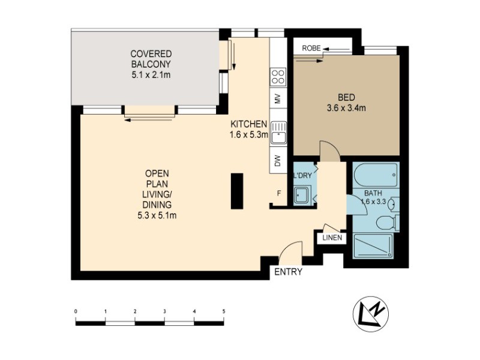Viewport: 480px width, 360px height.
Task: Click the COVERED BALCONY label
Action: tap(151, 64)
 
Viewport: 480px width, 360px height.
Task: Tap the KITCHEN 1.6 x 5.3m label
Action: tap(248, 129)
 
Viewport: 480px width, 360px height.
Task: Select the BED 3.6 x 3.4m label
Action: tap(346, 103)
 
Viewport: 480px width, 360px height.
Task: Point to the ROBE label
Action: tap(311, 48)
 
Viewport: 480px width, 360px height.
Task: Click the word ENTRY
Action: tap(288, 272)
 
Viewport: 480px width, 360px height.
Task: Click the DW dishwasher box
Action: tap(278, 161)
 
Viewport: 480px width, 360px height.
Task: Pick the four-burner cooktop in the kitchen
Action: tap(278, 76)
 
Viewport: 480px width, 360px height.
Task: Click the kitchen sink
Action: tap(278, 133)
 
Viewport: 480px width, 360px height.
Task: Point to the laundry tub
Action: tap(301, 194)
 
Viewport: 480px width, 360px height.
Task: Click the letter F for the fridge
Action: tap(279, 193)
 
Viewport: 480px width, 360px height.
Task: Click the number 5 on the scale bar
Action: tap(224, 311)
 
